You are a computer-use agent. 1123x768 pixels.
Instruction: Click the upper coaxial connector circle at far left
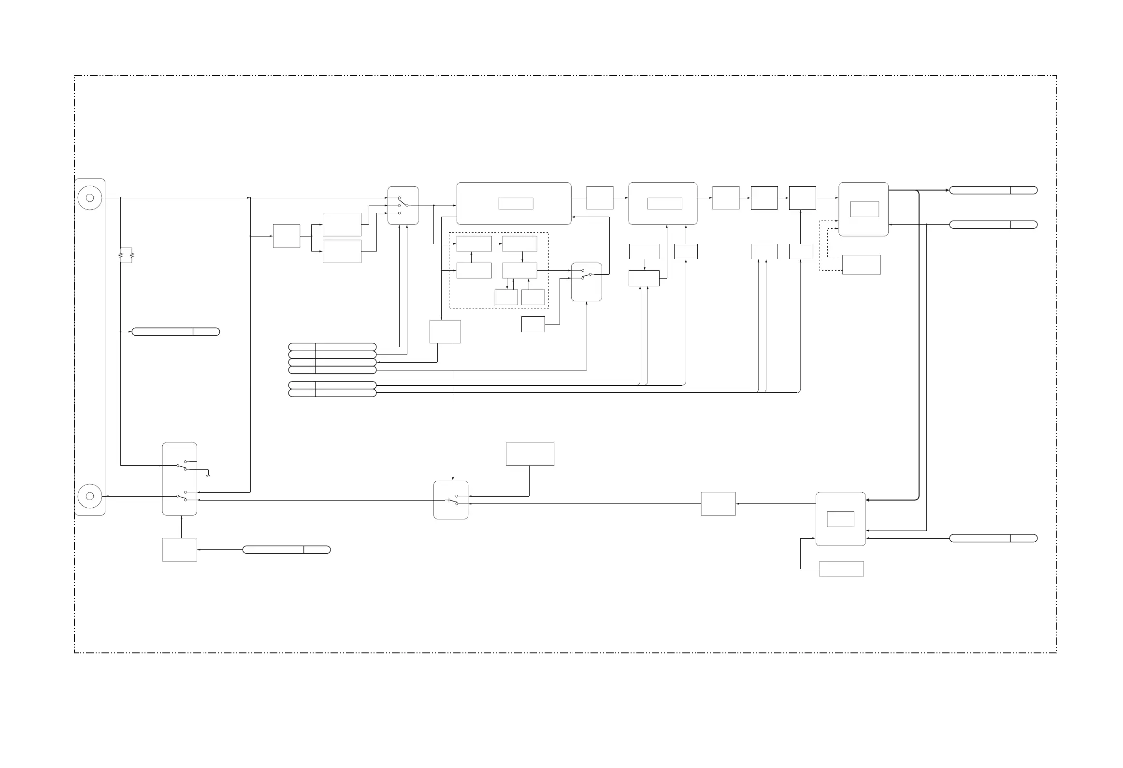(89, 198)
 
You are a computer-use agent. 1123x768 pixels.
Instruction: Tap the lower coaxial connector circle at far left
(89, 496)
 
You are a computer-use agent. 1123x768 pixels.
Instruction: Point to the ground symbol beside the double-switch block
(208, 475)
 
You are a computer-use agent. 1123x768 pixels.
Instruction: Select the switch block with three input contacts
(403, 206)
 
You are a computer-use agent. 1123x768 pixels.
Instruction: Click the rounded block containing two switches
(179, 479)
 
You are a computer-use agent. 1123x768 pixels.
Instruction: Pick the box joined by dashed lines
(861, 265)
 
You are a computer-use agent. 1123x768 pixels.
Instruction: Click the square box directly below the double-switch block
(179, 549)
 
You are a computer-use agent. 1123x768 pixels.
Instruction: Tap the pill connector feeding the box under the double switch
(286, 549)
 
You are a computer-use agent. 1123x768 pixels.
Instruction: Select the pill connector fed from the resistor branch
(175, 332)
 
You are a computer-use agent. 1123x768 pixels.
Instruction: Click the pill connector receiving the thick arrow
(993, 190)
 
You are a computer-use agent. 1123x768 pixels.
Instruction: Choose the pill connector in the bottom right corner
(993, 538)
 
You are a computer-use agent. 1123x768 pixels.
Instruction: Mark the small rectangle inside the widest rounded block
(516, 204)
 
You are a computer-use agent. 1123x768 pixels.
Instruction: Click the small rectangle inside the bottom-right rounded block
(840, 519)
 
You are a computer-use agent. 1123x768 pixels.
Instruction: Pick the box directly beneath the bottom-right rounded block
(841, 569)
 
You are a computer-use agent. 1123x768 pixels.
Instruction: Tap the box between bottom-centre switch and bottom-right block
(718, 504)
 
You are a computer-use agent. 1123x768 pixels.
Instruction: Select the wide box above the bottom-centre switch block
(530, 454)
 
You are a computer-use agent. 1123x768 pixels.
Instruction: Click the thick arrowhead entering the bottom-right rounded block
(868, 500)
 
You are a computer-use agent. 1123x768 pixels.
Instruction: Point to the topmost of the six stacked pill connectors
(332, 347)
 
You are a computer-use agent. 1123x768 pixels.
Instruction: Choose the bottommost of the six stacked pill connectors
(332, 393)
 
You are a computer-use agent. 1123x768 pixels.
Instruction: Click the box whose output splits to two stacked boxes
(286, 236)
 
